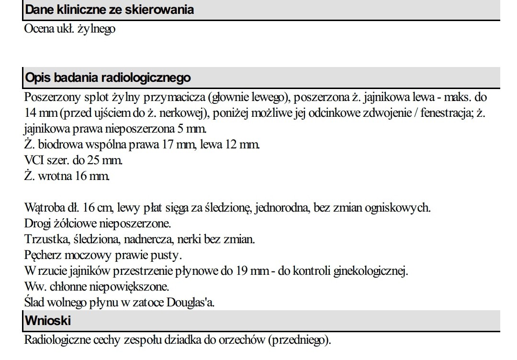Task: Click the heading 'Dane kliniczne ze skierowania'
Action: click(x=109, y=10)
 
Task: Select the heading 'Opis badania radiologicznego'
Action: click(x=107, y=78)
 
